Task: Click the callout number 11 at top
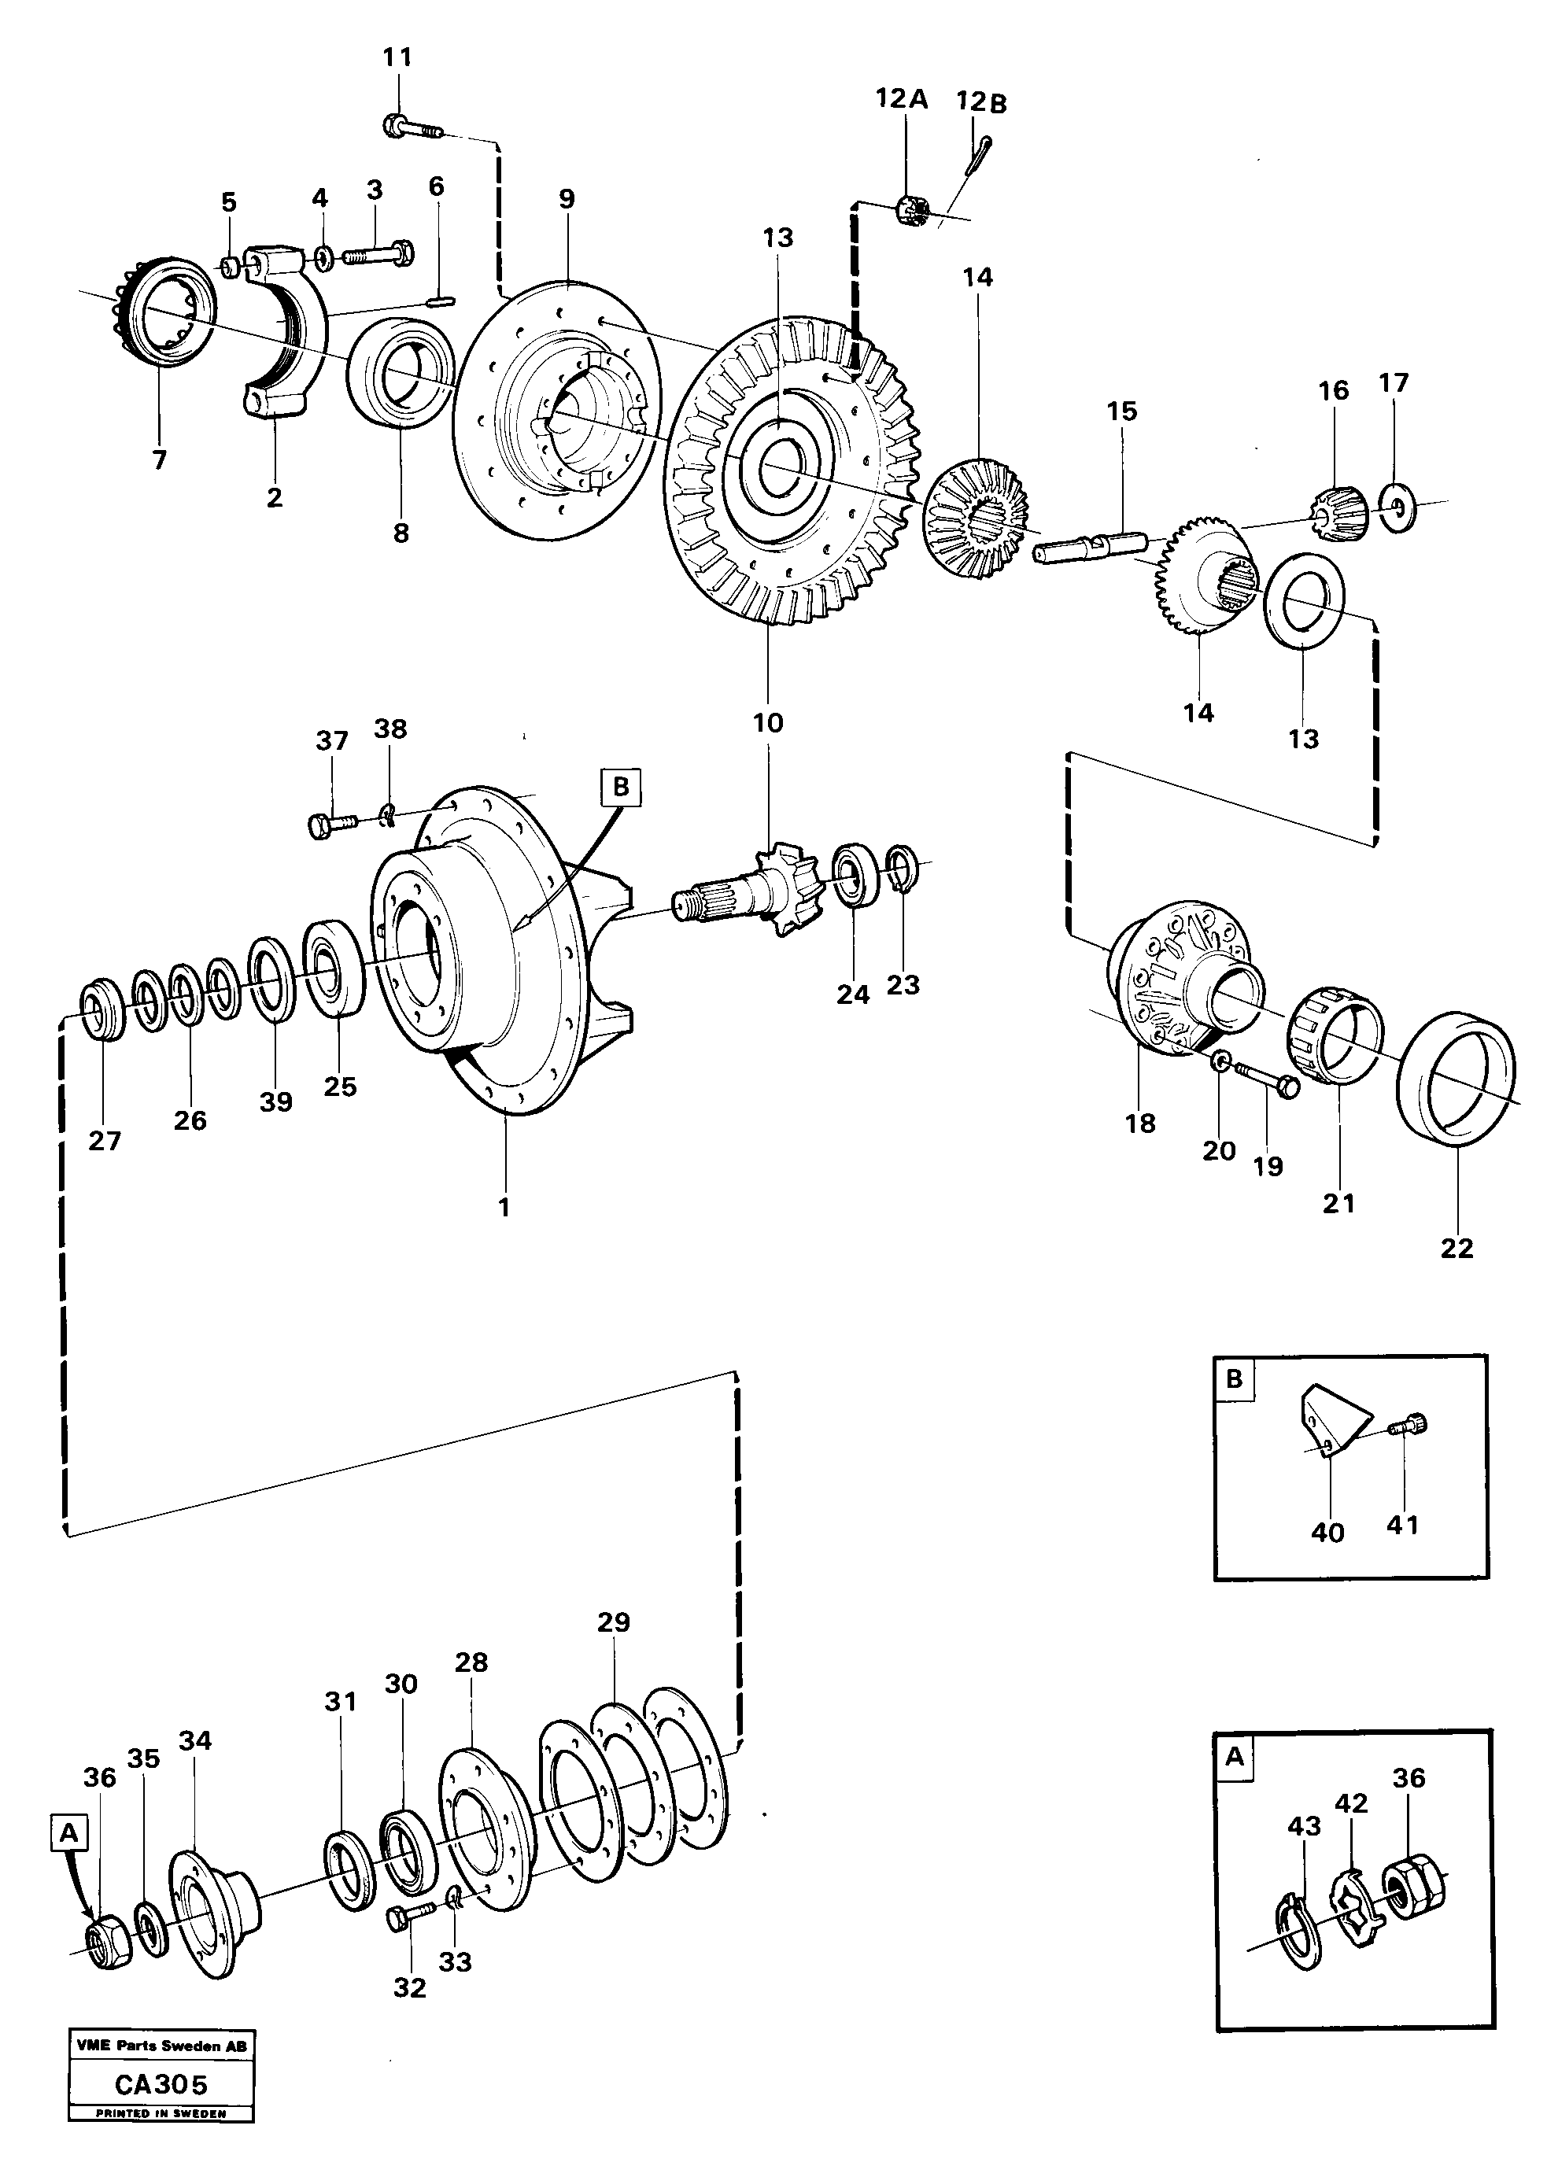click(397, 57)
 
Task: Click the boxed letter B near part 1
click(621, 787)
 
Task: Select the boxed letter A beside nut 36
click(68, 1832)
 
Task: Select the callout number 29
click(614, 1621)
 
